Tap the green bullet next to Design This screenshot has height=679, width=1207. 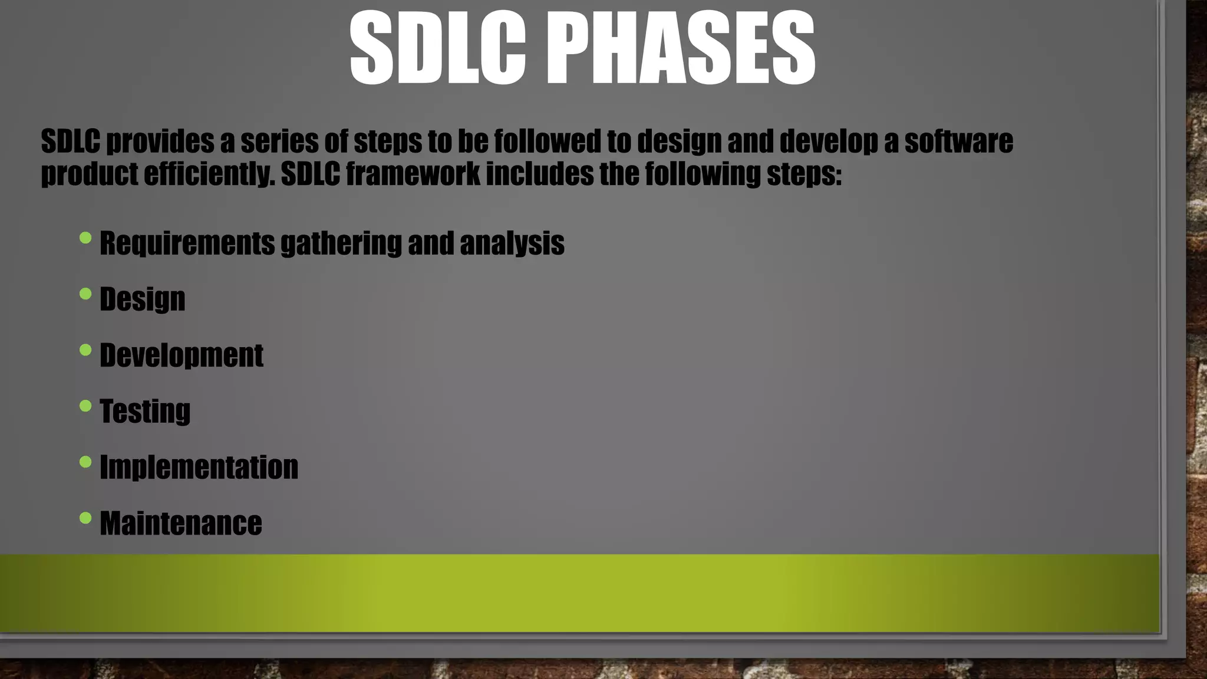pyautogui.click(x=85, y=294)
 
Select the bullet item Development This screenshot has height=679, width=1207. pyautogui.click(x=181, y=355)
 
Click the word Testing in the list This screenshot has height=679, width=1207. pyautogui.click(x=145, y=411)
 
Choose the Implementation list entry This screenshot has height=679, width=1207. pyautogui.click(x=199, y=467)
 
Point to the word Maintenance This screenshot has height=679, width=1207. pyautogui.click(x=180, y=523)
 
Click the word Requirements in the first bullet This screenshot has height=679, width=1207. pyautogui.click(x=187, y=243)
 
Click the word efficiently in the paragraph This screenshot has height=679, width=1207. pyautogui.click(x=209, y=174)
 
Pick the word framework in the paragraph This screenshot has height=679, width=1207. pyautogui.click(x=413, y=174)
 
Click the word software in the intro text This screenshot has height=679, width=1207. pyautogui.click(x=958, y=141)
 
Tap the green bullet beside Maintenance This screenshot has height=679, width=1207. pyautogui.click(x=85, y=518)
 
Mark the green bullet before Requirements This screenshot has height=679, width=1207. pyautogui.click(x=85, y=238)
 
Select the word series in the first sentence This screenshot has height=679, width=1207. pyautogui.click(x=273, y=141)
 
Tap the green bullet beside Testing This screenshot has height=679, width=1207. pyautogui.click(x=85, y=406)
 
